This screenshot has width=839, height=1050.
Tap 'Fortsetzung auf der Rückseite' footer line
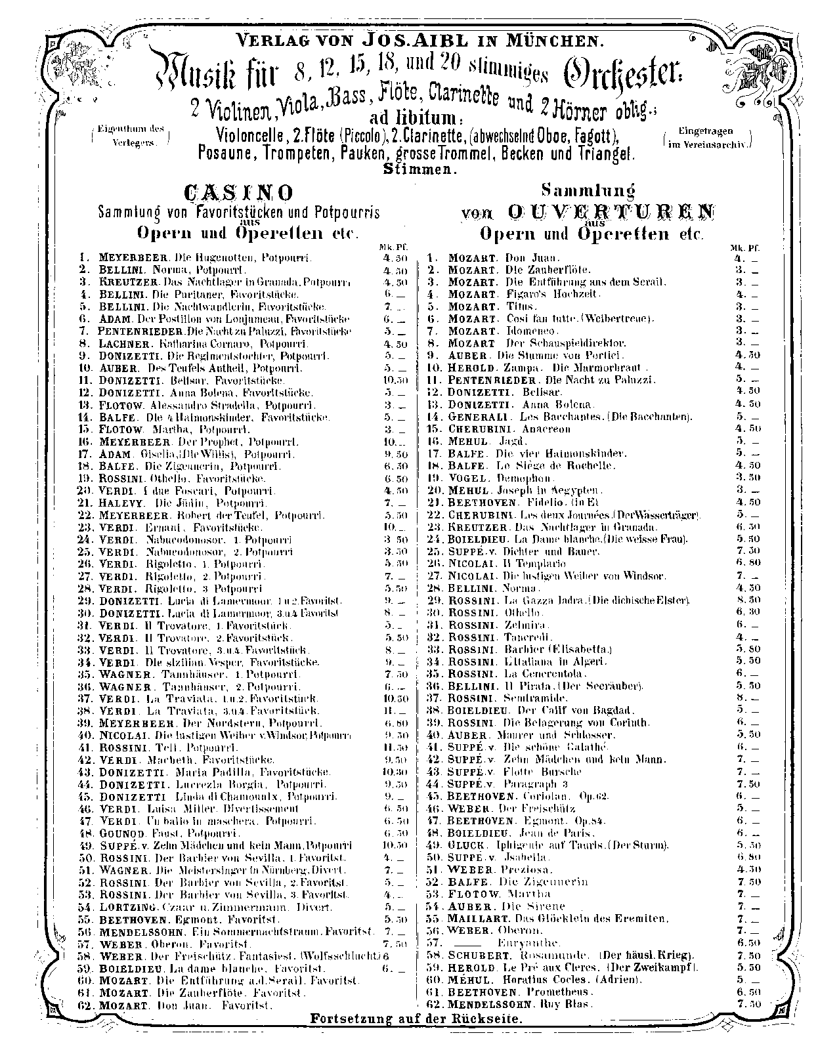(417, 1019)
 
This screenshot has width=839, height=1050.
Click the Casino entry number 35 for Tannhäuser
(87, 674)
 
